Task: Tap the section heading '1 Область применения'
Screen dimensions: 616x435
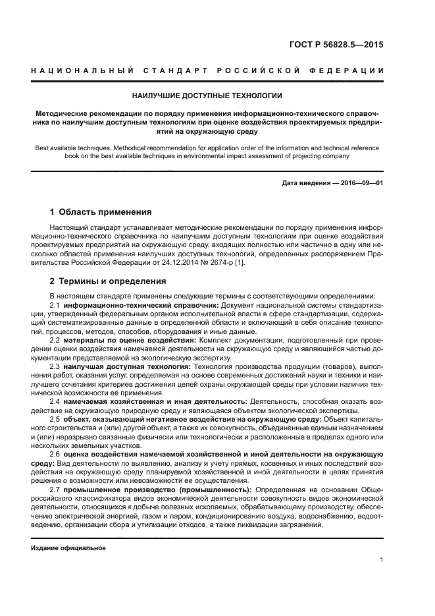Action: coord(101,212)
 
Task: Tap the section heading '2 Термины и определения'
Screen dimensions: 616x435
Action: coord(108,281)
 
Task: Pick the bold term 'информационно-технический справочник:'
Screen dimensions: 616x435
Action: coord(141,306)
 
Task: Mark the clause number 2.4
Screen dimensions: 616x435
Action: coord(55,401)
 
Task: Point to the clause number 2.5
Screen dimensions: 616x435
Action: coord(55,418)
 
